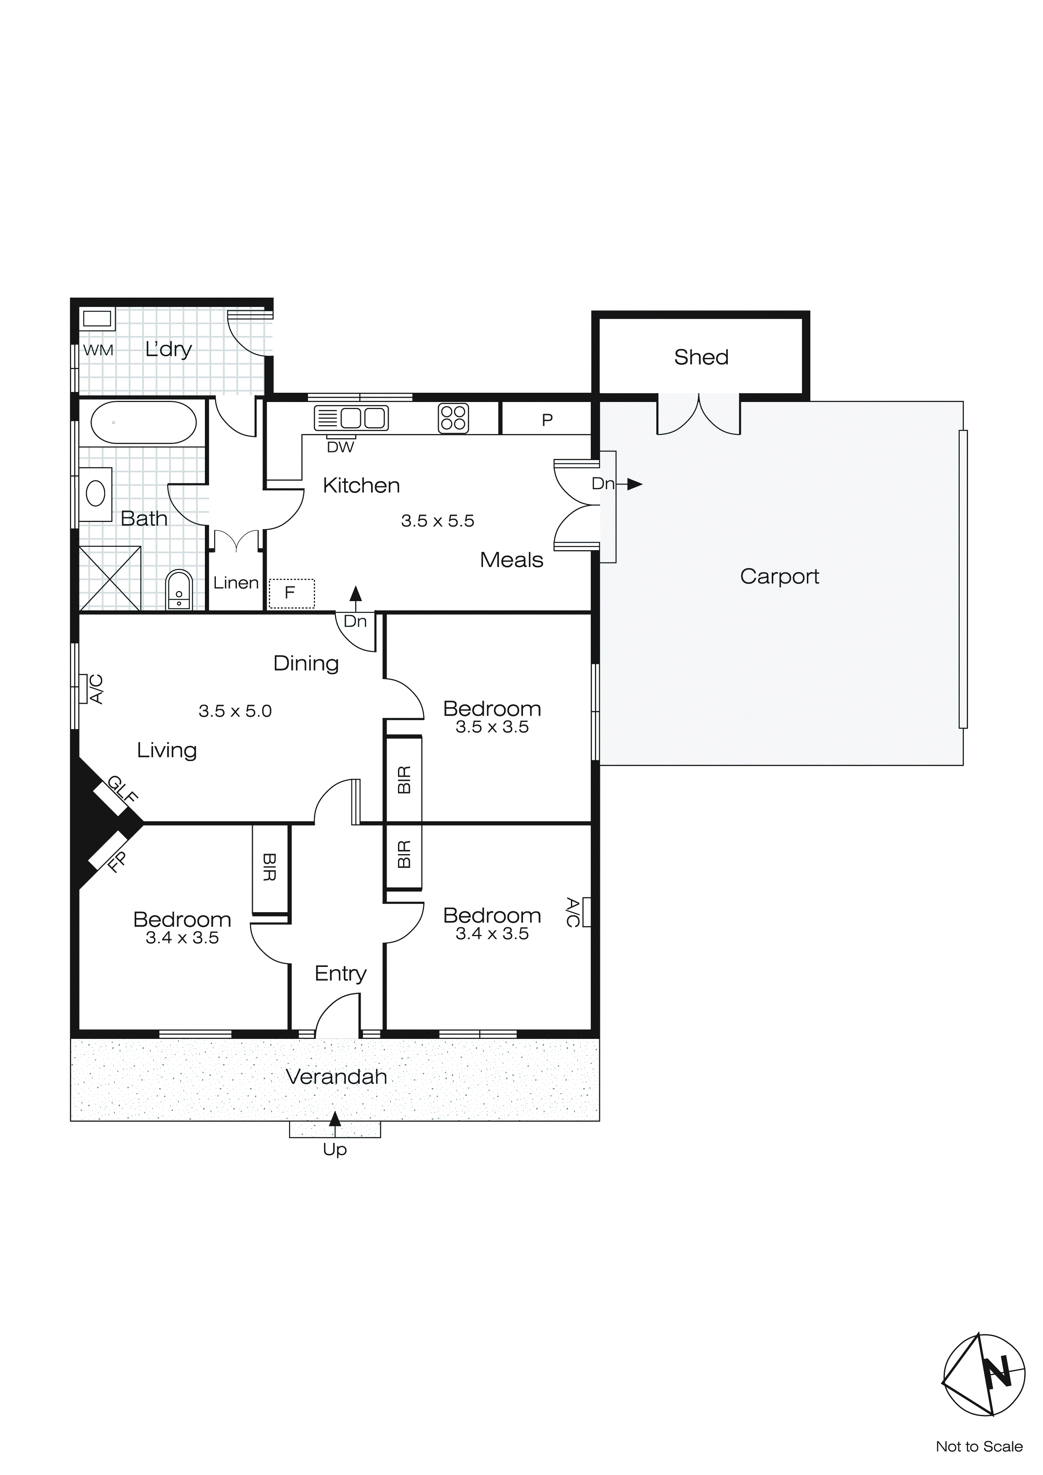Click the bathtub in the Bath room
click(x=143, y=422)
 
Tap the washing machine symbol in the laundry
click(x=97, y=319)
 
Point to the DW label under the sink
click(x=340, y=447)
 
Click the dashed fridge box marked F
click(x=292, y=593)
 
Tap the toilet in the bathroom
click(x=178, y=590)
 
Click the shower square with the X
click(x=110, y=578)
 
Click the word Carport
click(x=779, y=576)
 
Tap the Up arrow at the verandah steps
click(x=334, y=1121)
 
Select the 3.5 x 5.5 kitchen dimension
click(x=438, y=521)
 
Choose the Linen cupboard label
click(x=236, y=583)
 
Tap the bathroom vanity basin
click(x=96, y=494)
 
